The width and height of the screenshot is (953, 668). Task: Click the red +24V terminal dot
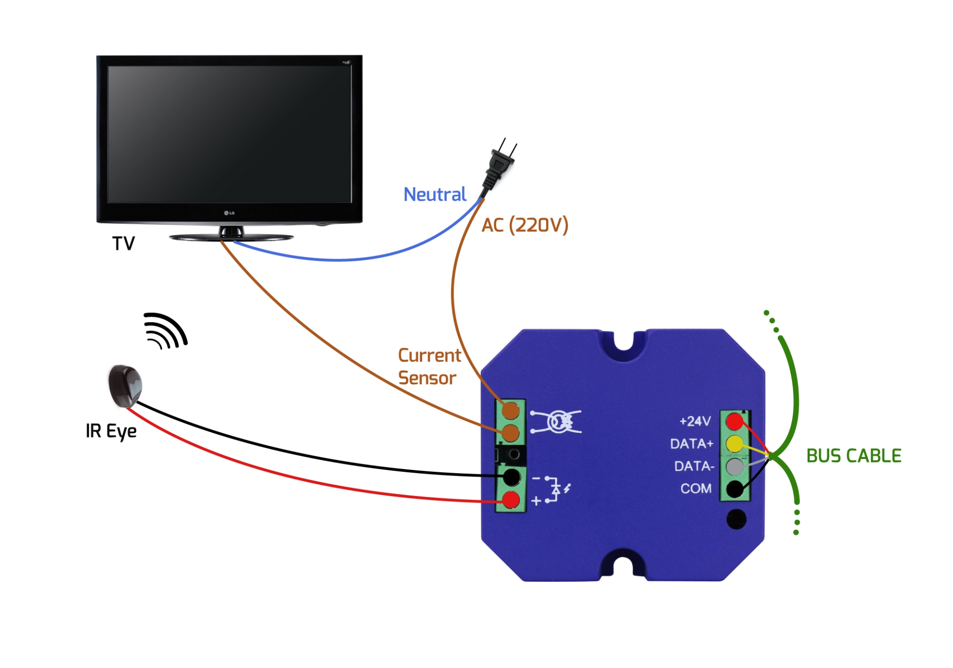[x=734, y=421]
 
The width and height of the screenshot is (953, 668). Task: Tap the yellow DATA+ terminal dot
[x=734, y=444]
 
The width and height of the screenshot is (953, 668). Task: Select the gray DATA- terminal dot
[x=734, y=466]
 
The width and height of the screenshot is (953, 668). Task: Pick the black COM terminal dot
[x=734, y=489]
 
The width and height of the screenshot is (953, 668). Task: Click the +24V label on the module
[x=695, y=421]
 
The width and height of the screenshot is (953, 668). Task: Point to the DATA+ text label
[x=691, y=444]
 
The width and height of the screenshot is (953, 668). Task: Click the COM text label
[x=696, y=489]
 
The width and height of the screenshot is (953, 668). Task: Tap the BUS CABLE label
[x=853, y=456]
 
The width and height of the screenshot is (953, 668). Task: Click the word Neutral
[x=435, y=194]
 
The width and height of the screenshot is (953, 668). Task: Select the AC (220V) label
[x=525, y=225]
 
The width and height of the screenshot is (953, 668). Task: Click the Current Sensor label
[x=429, y=367]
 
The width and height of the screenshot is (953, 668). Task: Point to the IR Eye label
[x=111, y=431]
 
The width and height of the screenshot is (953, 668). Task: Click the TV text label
[x=123, y=243]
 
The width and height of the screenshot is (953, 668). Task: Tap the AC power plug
[x=498, y=167]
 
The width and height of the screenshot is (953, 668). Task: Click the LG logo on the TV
[x=229, y=213]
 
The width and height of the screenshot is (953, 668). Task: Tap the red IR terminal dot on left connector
[x=511, y=500]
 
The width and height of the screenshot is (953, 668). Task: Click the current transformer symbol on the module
[x=557, y=421]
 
